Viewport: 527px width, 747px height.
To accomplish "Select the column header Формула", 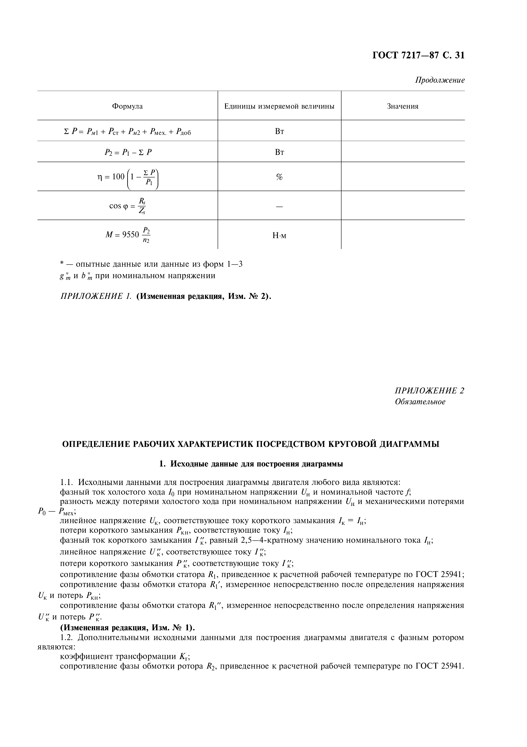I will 127,106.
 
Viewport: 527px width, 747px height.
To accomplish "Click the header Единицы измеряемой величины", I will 279,106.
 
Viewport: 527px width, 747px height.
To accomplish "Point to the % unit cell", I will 279,177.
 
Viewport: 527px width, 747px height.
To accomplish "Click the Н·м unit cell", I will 279,236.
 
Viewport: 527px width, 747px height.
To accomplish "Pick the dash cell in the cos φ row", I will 279,206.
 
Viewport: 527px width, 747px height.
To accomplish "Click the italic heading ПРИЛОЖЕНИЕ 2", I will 429,391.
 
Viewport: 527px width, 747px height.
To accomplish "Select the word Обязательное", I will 420,402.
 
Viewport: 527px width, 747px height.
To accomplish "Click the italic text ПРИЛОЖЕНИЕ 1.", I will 96,297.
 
